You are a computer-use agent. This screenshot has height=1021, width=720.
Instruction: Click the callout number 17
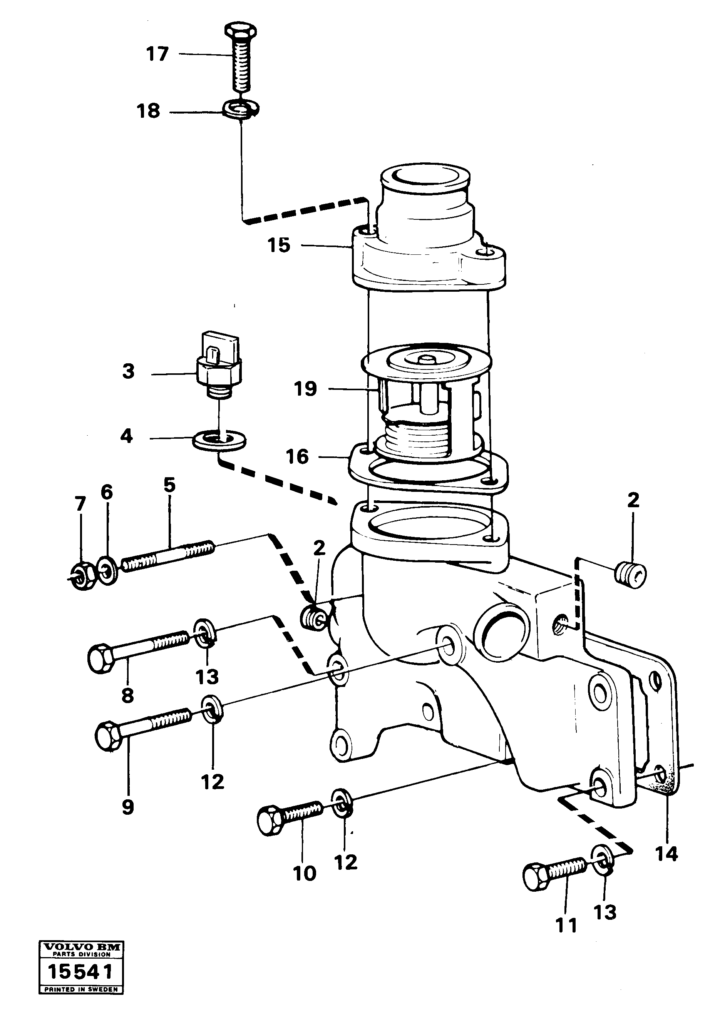[157, 54]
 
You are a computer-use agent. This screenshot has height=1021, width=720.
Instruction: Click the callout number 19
[305, 389]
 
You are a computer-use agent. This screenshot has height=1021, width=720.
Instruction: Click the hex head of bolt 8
[102, 658]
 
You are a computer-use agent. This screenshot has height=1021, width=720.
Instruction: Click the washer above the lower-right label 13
[603, 856]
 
